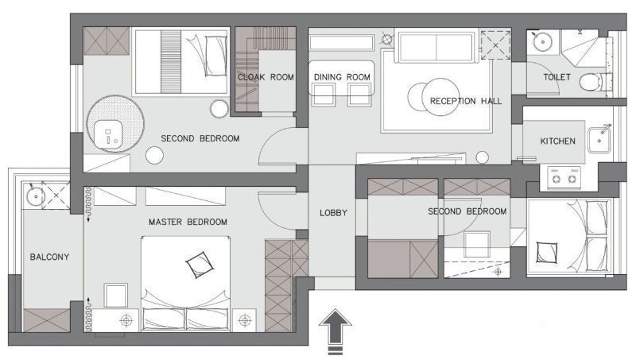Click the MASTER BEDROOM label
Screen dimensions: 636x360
[x=188, y=223]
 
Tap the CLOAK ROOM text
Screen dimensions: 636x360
[x=266, y=77]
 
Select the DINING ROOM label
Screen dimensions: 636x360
[x=342, y=77]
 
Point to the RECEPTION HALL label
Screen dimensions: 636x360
[x=466, y=101]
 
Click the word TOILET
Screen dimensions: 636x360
[x=557, y=77]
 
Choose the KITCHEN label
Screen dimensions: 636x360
[x=558, y=141]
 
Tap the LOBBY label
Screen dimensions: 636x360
[x=333, y=213]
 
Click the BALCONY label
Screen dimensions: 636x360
[x=49, y=257]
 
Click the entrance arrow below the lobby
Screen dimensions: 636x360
[x=335, y=331]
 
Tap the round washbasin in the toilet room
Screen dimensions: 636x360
[x=542, y=41]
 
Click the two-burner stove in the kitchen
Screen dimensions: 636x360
[x=564, y=177]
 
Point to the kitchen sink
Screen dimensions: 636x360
[x=599, y=140]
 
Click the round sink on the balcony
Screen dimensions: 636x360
[x=36, y=196]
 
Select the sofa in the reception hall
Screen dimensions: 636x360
[x=436, y=46]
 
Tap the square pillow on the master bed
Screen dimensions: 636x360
[x=200, y=265]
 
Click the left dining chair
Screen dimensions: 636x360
[x=324, y=95]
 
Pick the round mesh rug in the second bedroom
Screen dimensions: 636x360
[x=115, y=124]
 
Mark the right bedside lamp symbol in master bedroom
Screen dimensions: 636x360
[x=245, y=320]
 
